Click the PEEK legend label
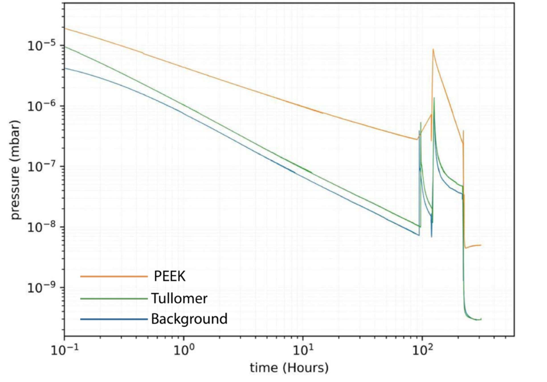point(170,276)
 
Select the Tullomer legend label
point(179,298)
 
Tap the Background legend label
point(189,319)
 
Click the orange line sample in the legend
point(114,276)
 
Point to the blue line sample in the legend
point(114,319)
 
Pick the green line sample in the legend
point(114,299)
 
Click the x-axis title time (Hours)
point(289,368)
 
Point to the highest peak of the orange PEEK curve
point(433,50)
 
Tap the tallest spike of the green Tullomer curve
point(434,98)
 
